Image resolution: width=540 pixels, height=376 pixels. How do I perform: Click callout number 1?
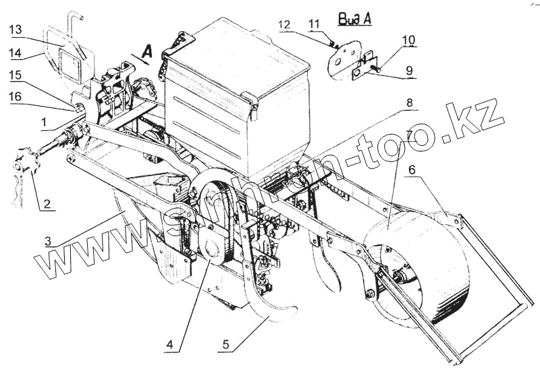[43, 122]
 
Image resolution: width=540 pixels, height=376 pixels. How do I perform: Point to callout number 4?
[169, 344]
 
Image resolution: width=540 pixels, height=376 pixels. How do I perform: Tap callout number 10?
[408, 40]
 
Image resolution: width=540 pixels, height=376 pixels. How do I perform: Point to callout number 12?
[284, 24]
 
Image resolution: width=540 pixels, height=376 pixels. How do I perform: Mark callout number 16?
[16, 98]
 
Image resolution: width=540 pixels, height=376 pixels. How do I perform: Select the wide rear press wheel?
[418, 270]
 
